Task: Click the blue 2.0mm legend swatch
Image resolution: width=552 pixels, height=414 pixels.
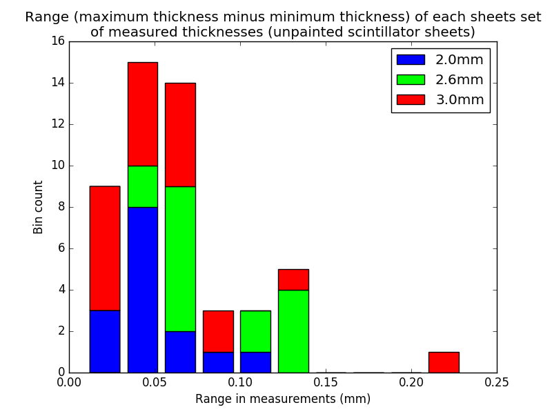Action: [410, 60]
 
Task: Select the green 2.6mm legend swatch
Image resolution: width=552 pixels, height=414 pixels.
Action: [410, 80]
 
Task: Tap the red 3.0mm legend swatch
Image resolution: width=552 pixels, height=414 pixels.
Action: [410, 100]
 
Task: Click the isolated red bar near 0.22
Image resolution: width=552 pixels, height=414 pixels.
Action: [444, 362]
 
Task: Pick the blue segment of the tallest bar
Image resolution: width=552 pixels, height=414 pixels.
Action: [142, 290]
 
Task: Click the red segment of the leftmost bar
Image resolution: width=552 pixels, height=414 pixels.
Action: [105, 248]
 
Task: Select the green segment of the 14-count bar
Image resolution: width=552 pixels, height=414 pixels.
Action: [180, 259]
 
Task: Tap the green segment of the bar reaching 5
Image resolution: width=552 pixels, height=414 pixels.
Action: [293, 331]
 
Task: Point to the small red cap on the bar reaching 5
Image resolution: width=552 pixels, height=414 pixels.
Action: [293, 279]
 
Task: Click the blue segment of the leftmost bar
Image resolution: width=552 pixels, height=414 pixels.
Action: [105, 342]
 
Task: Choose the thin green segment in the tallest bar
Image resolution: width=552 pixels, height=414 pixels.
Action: [142, 186]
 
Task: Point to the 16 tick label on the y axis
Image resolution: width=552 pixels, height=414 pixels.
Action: [58, 41]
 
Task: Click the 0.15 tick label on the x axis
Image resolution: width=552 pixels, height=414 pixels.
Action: [326, 382]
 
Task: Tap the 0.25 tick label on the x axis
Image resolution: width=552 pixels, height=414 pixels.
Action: [497, 382]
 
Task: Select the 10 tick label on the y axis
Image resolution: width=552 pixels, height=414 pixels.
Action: [58, 166]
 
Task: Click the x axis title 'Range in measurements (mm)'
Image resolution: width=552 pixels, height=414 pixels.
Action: [283, 399]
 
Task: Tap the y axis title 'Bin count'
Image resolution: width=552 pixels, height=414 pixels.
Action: [39, 207]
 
